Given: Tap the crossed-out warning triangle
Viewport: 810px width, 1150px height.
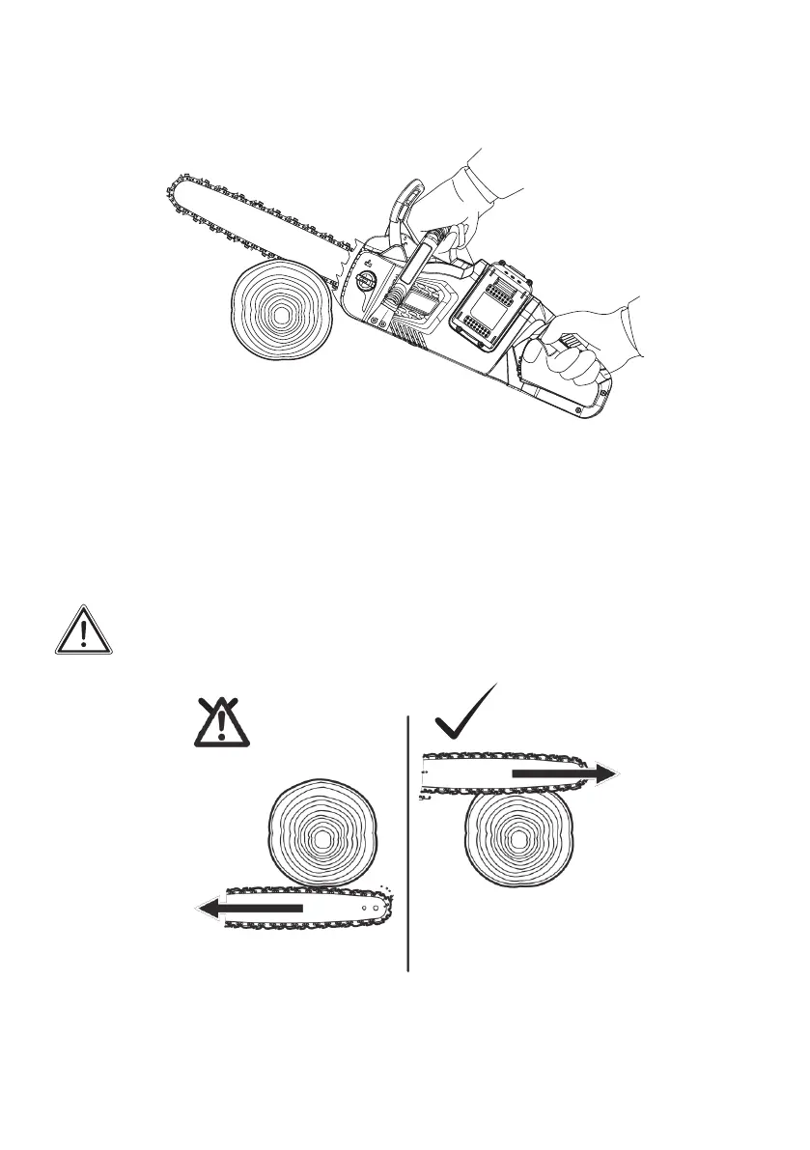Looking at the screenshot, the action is point(220,721).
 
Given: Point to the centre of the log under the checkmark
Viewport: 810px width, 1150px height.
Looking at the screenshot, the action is point(518,840).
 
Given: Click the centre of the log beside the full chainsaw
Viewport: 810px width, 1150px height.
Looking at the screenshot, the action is point(280,316).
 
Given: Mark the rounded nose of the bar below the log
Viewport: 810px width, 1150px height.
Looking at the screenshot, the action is point(390,907).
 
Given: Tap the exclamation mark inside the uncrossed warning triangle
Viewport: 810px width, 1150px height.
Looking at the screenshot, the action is point(84,633).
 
